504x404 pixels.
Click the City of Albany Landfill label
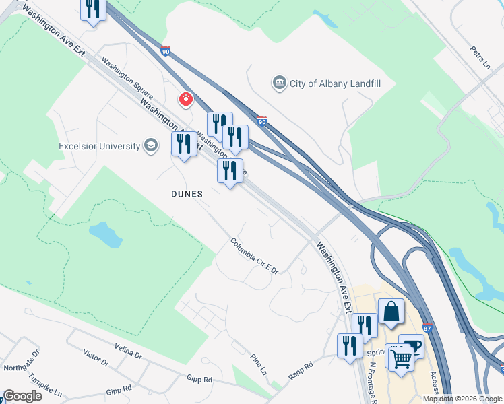click(x=328, y=83)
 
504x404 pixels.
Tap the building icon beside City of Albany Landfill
click(x=279, y=83)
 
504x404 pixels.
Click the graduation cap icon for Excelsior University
click(x=151, y=146)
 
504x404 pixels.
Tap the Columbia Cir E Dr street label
click(x=254, y=255)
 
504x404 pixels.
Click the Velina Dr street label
click(x=128, y=351)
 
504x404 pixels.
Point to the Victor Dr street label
click(x=95, y=358)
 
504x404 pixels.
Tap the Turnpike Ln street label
click(x=48, y=386)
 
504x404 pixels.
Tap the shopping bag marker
click(x=391, y=311)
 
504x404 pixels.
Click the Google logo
click(x=22, y=396)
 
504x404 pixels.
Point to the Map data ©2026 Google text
click(x=462, y=399)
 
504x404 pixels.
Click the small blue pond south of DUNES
click(x=105, y=234)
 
